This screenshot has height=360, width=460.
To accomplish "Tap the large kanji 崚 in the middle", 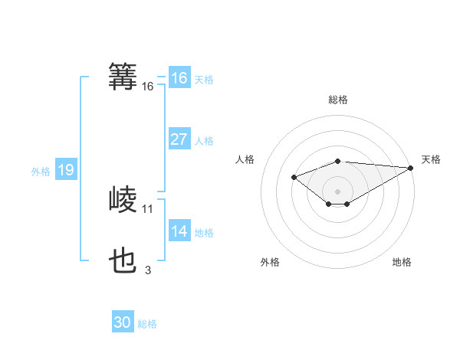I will click(123, 200).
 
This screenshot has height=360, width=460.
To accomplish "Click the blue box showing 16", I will click(179, 78).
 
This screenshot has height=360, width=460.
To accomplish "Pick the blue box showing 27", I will click(179, 139).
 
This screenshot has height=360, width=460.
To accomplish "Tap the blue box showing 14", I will click(179, 231).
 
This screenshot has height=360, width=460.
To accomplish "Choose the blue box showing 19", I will click(65, 170).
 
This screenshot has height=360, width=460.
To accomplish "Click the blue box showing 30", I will click(123, 322).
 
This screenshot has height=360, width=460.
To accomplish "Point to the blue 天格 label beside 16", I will click(204, 80).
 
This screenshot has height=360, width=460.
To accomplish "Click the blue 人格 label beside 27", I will click(204, 141).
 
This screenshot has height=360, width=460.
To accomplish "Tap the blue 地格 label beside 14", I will click(204, 233).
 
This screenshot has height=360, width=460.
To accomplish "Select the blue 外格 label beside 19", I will click(41, 172).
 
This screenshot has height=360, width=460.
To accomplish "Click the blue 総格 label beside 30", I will click(147, 324).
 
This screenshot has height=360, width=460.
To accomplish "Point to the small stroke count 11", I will click(148, 208).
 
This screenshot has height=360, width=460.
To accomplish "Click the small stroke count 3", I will click(148, 270).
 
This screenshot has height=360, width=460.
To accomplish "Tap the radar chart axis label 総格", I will click(337, 100).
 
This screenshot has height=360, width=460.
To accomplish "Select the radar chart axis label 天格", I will click(431, 159).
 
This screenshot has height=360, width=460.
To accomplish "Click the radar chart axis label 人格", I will click(245, 159).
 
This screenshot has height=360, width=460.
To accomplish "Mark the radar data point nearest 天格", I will click(411, 168).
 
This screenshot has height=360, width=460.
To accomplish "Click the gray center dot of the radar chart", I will click(337, 191).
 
